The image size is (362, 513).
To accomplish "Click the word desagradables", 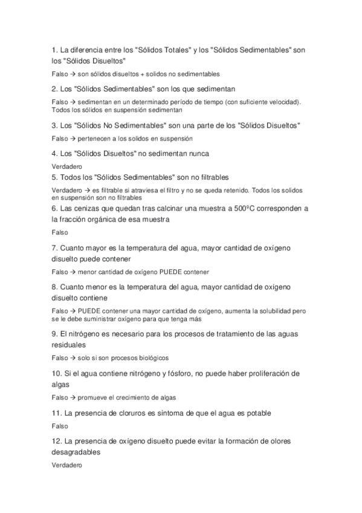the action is pos(76,452).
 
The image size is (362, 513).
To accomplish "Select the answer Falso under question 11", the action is pos(60,426).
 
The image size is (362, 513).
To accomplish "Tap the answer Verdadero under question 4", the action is pos(66,166).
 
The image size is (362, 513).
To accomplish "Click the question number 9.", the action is pos(54,334).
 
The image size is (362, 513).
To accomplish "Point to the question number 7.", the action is pos(54,248).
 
